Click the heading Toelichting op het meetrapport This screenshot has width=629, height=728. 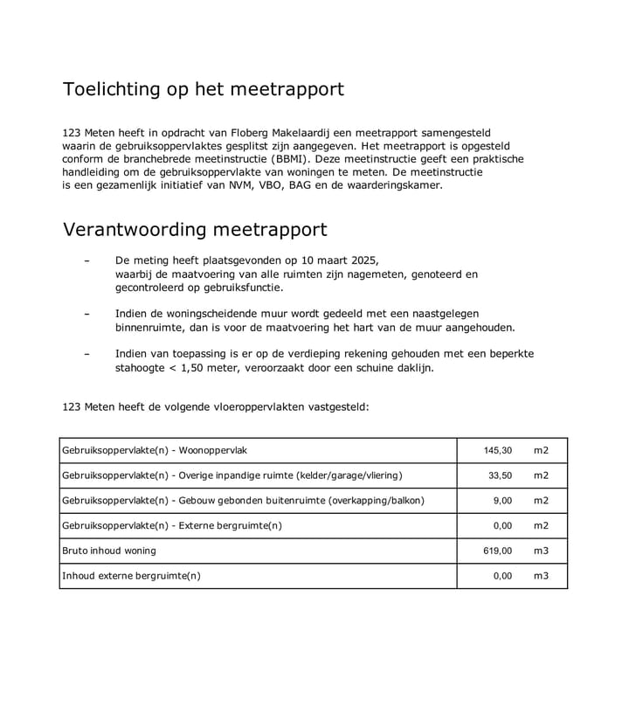click(x=203, y=89)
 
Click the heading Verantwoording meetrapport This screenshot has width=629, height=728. click(x=195, y=230)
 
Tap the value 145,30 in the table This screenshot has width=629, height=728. click(x=498, y=450)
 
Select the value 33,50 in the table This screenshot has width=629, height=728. click(x=500, y=475)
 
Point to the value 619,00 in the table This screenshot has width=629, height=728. click(x=498, y=551)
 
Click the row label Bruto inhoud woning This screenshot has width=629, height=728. click(x=109, y=551)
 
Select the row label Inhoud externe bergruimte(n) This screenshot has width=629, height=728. click(x=131, y=576)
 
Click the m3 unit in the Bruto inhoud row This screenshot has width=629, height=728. click(x=542, y=551)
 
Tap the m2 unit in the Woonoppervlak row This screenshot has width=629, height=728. click(x=542, y=450)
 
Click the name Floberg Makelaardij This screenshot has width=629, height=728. click(x=270, y=132)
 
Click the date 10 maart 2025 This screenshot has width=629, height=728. click(x=340, y=260)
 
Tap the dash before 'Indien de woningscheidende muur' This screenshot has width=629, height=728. click(x=86, y=314)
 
